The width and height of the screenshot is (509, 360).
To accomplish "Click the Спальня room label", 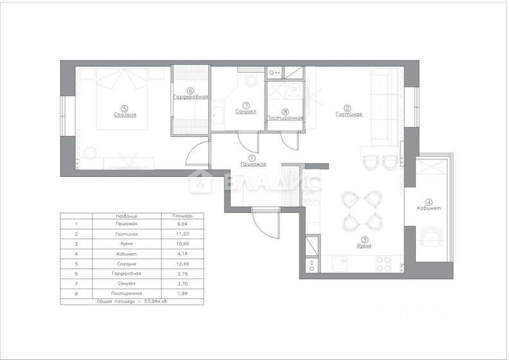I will (125, 115).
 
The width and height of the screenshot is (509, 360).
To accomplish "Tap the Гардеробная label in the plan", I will (190, 97).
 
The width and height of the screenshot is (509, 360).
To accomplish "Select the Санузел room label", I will (246, 111).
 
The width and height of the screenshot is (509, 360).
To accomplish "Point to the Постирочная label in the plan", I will (285, 118).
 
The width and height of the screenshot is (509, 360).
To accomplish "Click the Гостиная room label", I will (349, 114).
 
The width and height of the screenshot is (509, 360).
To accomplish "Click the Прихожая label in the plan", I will (252, 164).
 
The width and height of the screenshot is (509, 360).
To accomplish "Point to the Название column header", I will (125, 216).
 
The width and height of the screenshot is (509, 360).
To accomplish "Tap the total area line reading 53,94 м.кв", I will (132, 301).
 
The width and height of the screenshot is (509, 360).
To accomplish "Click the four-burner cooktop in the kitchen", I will (384, 264).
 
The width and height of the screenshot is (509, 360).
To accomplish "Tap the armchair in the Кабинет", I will (429, 239).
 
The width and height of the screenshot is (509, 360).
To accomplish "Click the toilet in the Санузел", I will (251, 80).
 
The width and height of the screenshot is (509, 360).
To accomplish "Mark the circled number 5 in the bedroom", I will (125, 108).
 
